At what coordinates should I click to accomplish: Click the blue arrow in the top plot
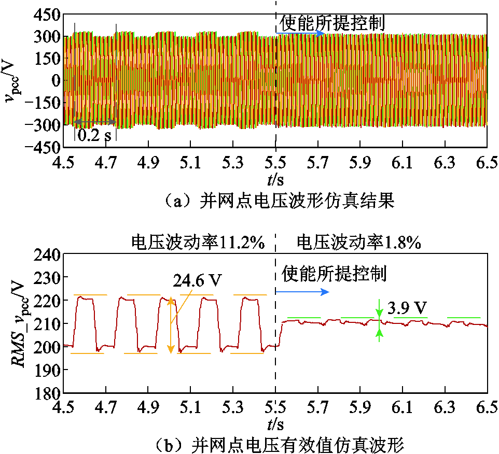[x=300, y=33]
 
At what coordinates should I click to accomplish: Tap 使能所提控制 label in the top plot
[x=332, y=22]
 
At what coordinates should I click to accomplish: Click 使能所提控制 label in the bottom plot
[x=334, y=273]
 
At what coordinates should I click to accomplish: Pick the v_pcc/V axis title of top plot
[x=13, y=80]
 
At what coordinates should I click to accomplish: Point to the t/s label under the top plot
[x=275, y=180]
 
